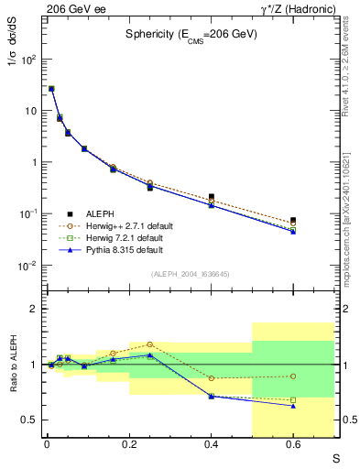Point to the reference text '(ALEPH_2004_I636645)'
191,274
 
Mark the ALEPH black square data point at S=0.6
293,220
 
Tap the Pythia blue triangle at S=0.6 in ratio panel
293,405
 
